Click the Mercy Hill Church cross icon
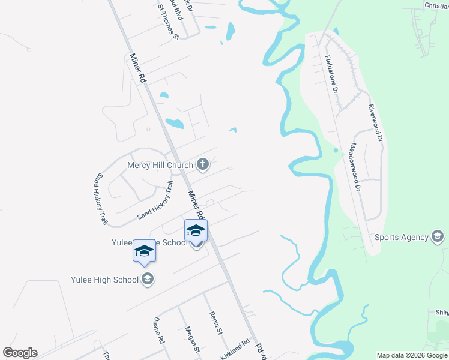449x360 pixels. click(203, 164)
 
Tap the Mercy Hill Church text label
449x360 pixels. click(160, 165)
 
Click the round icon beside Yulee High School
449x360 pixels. click(147, 278)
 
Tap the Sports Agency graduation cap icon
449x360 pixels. click(438, 236)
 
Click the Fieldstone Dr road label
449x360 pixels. click(331, 74)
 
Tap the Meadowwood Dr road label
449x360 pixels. click(354, 167)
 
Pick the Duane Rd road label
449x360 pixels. click(159, 330)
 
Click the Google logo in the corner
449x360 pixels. click(20, 353)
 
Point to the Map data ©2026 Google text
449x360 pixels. click(412, 355)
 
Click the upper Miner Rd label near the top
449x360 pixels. click(138, 68)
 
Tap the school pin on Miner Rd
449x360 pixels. click(196, 230)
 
